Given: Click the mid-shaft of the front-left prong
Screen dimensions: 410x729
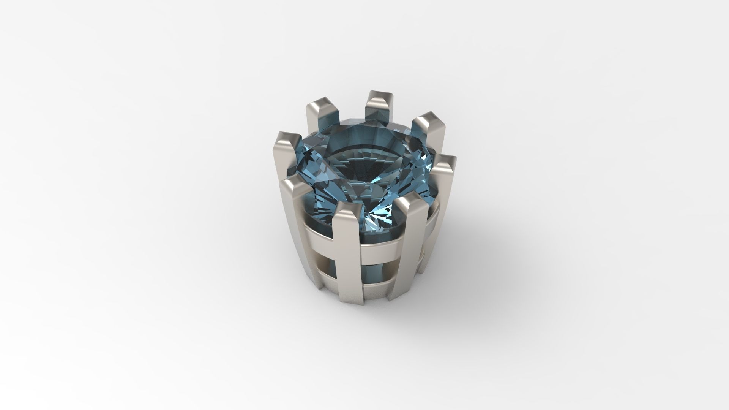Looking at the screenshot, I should point(300,236).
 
